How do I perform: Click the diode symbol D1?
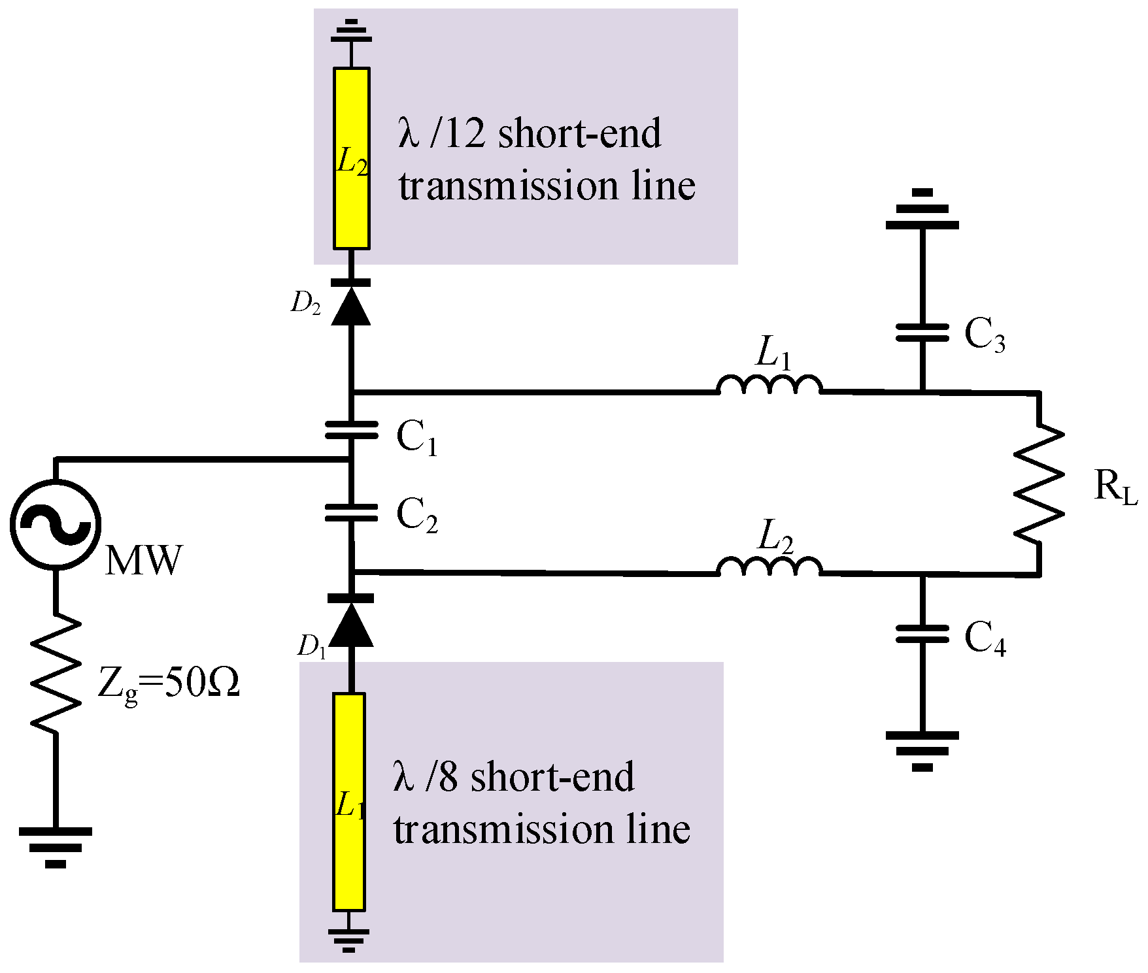tap(351, 621)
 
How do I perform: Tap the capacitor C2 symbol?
tap(351, 513)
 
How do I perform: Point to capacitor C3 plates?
tap(922, 333)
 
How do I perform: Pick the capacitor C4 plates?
tap(922, 634)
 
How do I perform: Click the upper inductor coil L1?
tap(769, 386)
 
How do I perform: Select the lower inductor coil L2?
tap(769, 567)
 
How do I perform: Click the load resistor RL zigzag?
tap(1038, 484)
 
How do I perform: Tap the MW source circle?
tap(56, 524)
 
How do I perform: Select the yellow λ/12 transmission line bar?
tap(352, 158)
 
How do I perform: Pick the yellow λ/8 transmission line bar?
tap(349, 802)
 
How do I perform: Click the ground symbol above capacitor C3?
tap(922, 210)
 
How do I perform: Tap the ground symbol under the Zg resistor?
tap(56, 848)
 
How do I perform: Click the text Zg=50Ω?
tap(169, 685)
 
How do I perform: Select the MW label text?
tap(143, 560)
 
